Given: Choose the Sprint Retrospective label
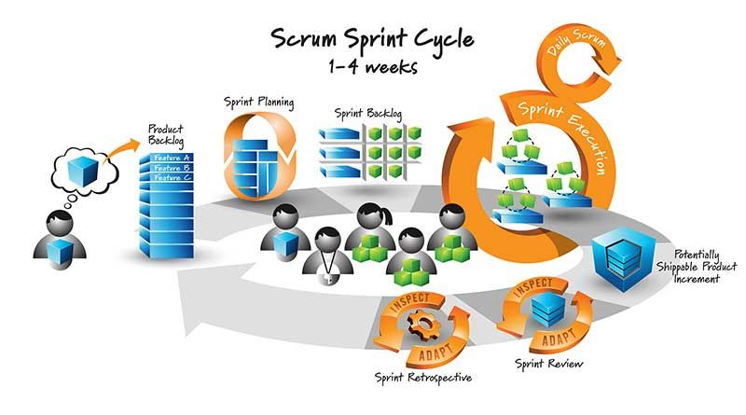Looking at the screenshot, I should tap(422, 377).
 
